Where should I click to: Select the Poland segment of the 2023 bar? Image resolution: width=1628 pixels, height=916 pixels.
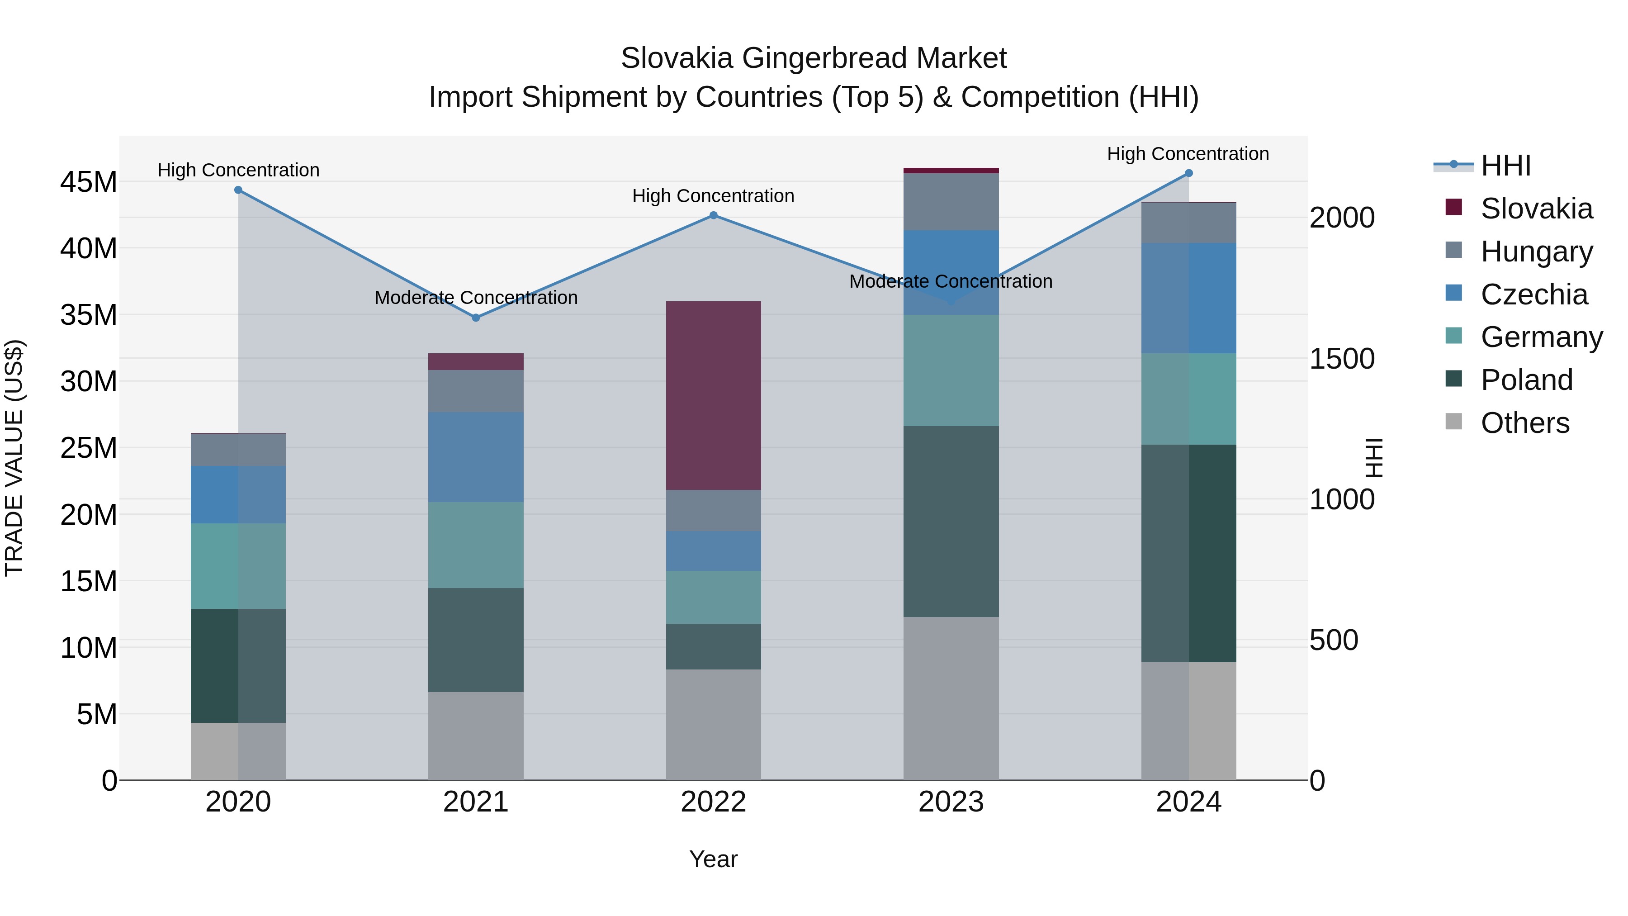click(x=951, y=521)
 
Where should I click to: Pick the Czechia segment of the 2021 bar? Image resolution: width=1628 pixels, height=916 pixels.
click(x=475, y=456)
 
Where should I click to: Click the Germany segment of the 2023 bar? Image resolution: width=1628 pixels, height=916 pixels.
click(x=951, y=370)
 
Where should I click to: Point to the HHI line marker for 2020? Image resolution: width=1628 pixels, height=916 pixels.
click(x=238, y=190)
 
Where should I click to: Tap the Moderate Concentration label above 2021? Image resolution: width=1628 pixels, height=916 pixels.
click(x=475, y=297)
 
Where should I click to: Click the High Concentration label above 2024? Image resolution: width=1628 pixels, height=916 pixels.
click(x=1188, y=154)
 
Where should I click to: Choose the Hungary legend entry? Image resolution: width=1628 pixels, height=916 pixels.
click(x=1536, y=252)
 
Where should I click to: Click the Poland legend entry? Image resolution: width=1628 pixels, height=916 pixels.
click(x=1526, y=380)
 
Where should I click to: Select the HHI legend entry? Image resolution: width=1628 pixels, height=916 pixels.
click(x=1505, y=166)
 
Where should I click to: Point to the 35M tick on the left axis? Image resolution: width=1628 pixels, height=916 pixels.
click(x=89, y=315)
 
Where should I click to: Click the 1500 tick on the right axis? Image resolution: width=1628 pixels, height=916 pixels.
click(x=1341, y=359)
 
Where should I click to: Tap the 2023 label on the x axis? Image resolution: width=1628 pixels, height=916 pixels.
click(x=951, y=802)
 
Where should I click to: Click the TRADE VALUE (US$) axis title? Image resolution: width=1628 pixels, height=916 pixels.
click(x=14, y=458)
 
